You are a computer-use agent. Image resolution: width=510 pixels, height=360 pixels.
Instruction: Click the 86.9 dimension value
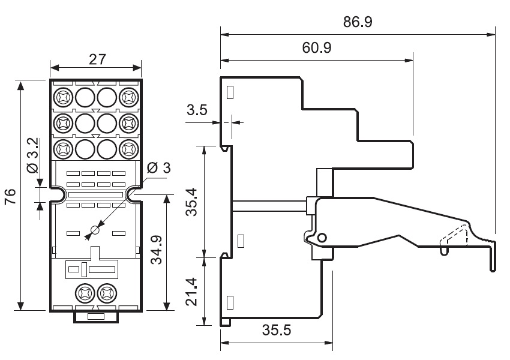tap(358, 22)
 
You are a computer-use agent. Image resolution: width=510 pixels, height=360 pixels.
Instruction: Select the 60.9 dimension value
tap(317, 48)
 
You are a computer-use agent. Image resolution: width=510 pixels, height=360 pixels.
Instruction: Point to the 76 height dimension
tap(11, 196)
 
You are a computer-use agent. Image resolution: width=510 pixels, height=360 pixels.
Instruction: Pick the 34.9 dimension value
tap(155, 253)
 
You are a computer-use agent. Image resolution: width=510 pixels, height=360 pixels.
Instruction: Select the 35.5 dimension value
tap(277, 330)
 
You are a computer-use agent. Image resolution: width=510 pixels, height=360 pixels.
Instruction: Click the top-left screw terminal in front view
tap(62, 97)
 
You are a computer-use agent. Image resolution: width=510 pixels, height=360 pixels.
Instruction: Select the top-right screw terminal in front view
tap(129, 97)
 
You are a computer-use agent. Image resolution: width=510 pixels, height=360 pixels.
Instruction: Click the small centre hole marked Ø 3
tap(95, 230)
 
